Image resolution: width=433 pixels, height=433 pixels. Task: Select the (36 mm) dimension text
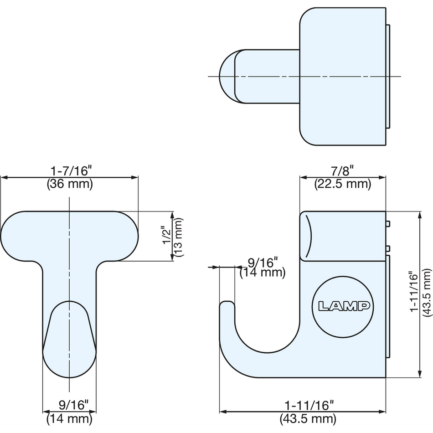(x=70, y=184)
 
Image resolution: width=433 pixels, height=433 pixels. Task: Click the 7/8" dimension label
(x=342, y=171)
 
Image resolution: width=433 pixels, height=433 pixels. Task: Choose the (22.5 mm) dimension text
(x=343, y=184)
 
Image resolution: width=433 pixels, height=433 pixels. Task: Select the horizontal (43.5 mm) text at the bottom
(x=308, y=419)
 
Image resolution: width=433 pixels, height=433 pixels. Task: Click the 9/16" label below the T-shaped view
(x=73, y=405)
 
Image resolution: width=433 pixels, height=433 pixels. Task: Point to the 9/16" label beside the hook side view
(x=262, y=262)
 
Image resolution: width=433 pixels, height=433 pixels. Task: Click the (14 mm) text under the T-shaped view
(x=69, y=418)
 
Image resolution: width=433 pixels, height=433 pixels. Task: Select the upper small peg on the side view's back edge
(x=388, y=223)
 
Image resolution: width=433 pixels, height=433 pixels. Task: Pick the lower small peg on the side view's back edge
(x=388, y=248)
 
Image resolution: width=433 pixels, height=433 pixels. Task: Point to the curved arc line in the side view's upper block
(x=309, y=236)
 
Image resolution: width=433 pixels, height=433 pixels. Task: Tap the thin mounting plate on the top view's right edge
(x=388, y=77)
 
